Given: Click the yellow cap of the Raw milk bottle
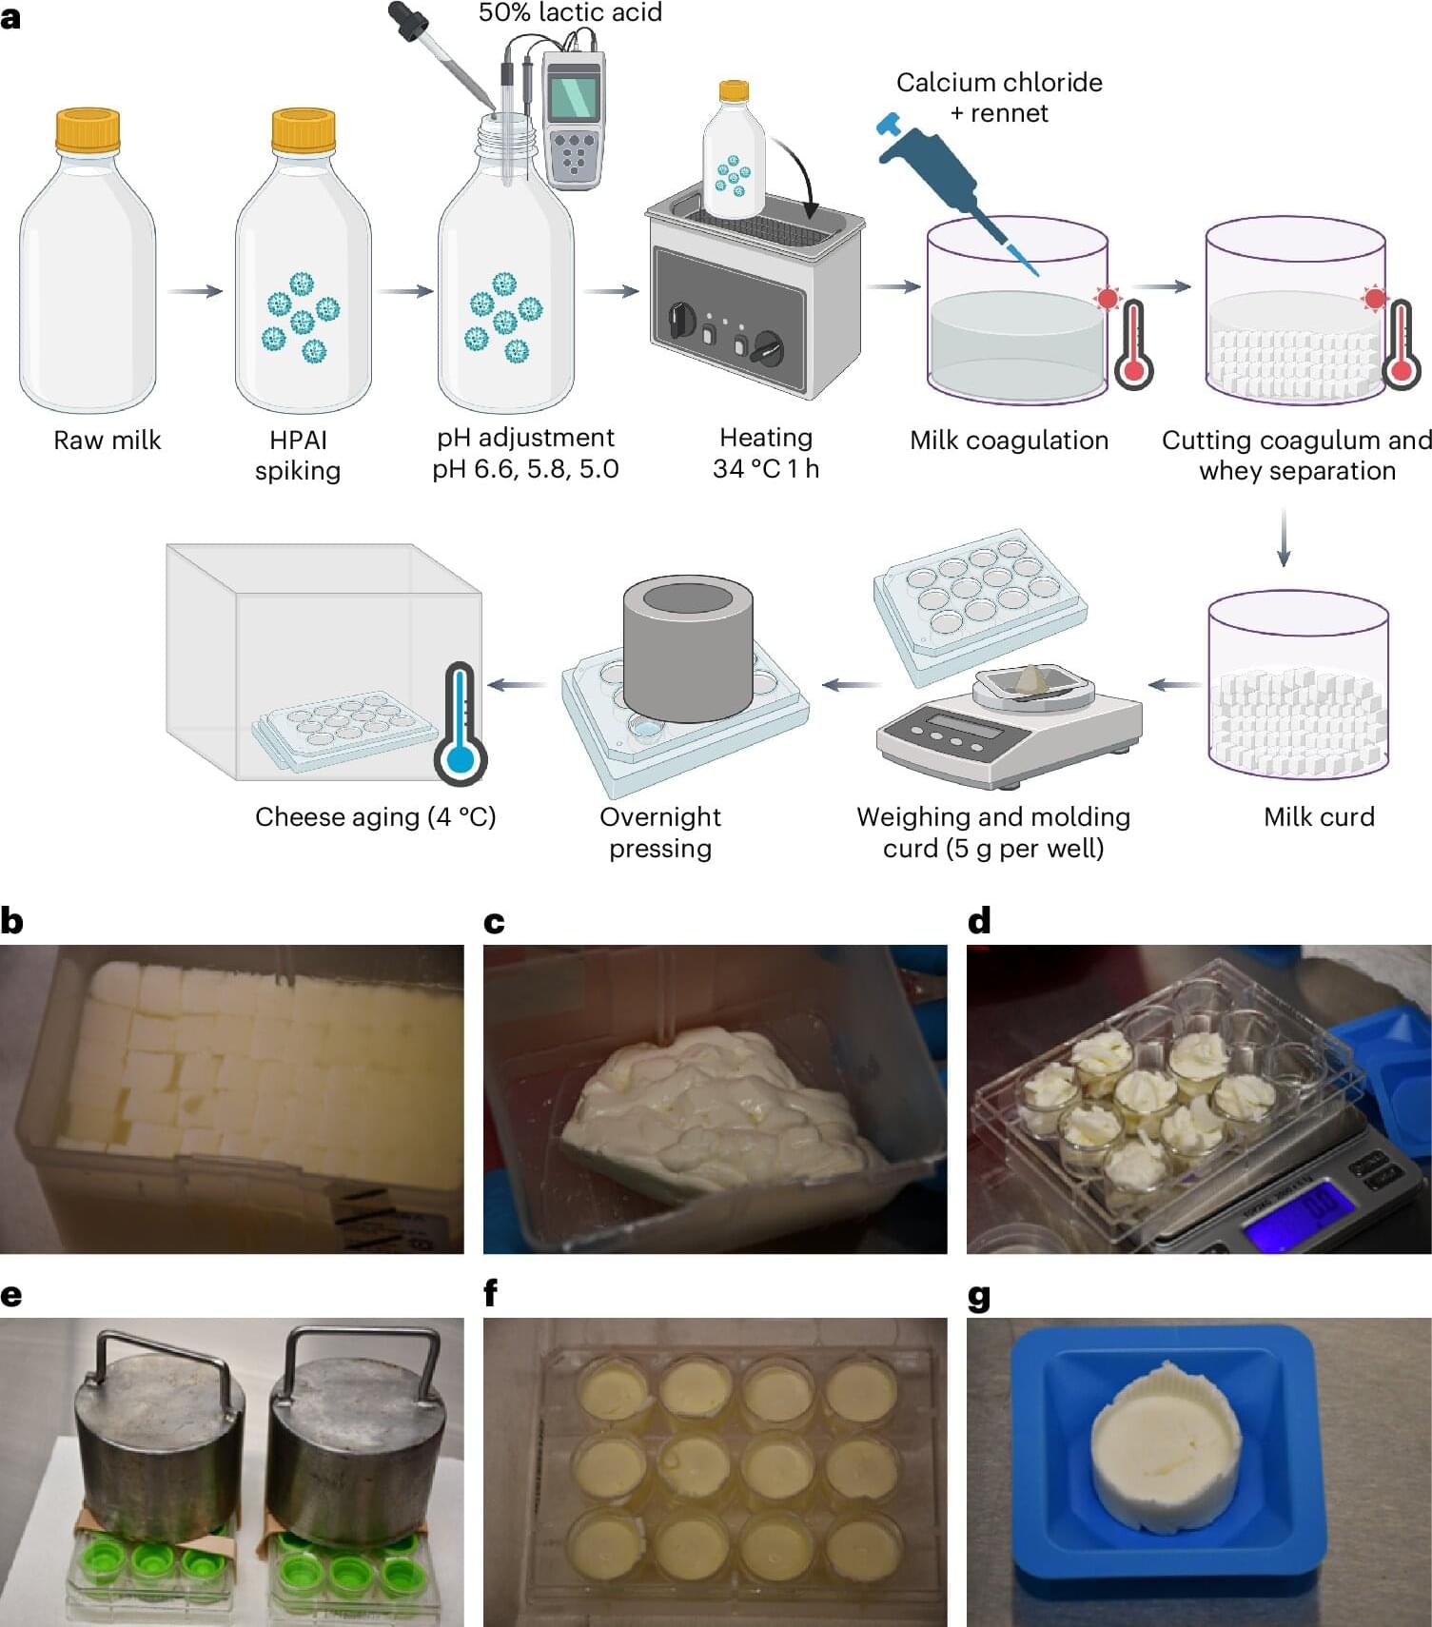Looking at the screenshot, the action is (88, 130).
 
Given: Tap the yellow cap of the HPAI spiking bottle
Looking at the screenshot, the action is (304, 130).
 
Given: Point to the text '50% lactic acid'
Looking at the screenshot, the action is (570, 12).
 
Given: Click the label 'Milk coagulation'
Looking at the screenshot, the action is (1009, 441).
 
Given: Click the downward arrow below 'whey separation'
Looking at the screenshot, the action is (1283, 538).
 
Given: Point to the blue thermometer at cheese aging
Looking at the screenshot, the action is (460, 723).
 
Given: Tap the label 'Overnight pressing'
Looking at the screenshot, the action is (660, 833).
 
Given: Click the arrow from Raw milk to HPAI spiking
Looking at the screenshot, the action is (195, 291).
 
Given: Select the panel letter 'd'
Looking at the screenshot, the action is (979, 920).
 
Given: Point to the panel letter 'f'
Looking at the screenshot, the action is (491, 1294).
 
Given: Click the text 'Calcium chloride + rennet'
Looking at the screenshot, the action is (999, 98).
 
